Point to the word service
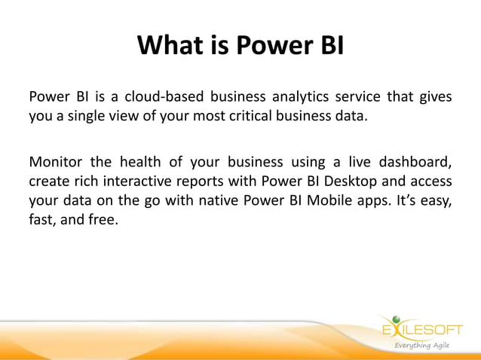click(x=354, y=97)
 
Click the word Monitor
click(x=55, y=162)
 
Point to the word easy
click(x=435, y=201)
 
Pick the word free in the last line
click(x=103, y=221)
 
